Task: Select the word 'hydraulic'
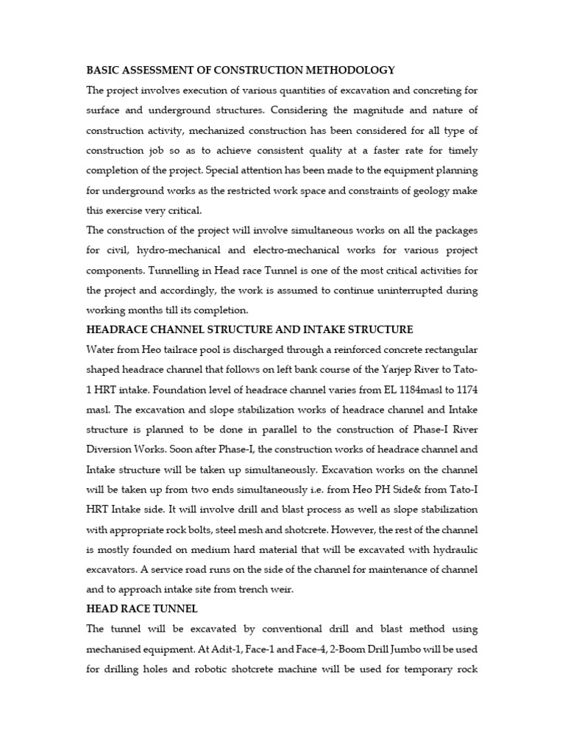[453, 529]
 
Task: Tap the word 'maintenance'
[382, 549]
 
